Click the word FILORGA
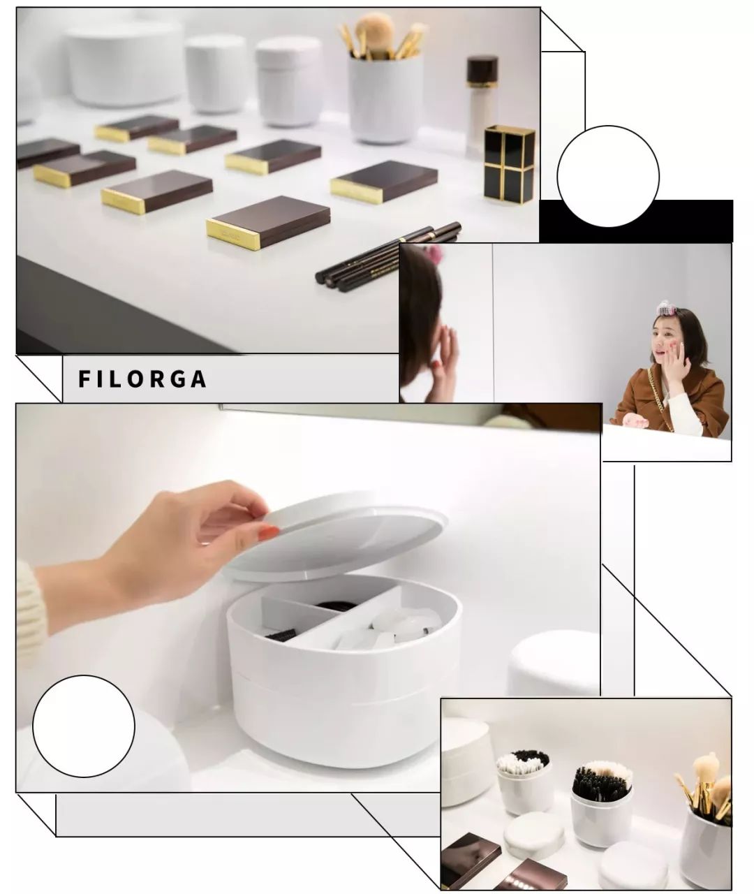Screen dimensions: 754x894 point(142,379)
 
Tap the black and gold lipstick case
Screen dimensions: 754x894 point(509,163)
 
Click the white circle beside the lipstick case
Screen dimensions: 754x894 point(608,177)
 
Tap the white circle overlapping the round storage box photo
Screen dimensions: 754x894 point(84,726)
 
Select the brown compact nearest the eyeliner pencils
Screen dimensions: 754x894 point(268,222)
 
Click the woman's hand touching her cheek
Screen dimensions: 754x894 point(676,359)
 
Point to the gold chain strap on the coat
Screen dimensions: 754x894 point(658,398)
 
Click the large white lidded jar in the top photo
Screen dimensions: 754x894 point(126,64)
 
